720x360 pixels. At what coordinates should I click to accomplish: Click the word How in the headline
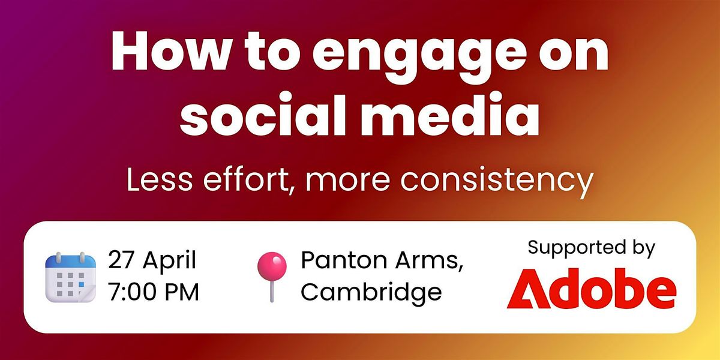click(x=170, y=51)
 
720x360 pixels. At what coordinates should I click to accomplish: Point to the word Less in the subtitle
click(x=160, y=179)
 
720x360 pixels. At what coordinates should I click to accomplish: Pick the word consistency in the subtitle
click(x=497, y=182)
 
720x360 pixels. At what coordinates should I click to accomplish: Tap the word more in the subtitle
click(x=348, y=182)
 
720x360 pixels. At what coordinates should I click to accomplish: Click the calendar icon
click(x=70, y=277)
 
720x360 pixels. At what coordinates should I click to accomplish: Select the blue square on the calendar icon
click(x=82, y=284)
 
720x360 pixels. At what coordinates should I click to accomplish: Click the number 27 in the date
click(x=121, y=260)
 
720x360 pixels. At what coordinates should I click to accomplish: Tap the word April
click(x=169, y=262)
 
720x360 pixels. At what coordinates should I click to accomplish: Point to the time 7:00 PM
click(x=154, y=292)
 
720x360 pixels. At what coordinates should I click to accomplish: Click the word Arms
click(x=429, y=260)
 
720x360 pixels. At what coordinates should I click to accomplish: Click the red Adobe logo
click(x=592, y=289)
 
